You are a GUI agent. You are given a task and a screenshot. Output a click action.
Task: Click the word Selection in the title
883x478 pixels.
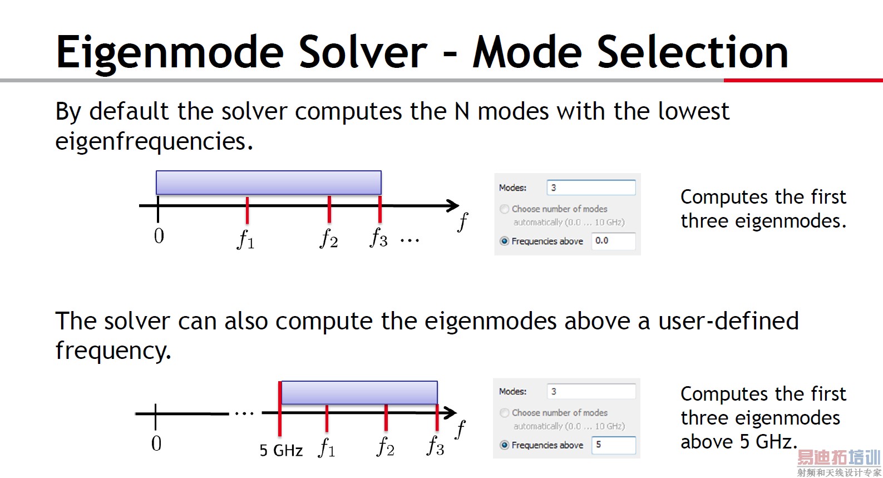point(692,52)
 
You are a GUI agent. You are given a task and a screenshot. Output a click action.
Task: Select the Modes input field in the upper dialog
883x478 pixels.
point(591,188)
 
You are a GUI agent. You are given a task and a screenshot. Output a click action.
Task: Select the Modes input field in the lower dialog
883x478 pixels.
point(591,391)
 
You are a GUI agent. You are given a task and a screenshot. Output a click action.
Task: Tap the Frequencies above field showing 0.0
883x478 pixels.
point(613,241)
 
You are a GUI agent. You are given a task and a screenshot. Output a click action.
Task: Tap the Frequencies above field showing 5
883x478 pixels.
point(613,445)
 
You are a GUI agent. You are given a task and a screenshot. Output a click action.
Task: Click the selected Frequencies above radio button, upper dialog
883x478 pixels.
point(504,241)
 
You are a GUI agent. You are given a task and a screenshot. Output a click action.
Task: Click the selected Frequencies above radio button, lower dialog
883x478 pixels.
point(504,445)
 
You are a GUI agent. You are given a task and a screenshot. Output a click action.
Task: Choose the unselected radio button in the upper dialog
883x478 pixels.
point(504,209)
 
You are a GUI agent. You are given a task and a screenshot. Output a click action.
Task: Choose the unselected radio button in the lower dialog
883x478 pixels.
point(504,412)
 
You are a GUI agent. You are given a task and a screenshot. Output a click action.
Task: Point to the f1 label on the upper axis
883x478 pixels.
point(246,239)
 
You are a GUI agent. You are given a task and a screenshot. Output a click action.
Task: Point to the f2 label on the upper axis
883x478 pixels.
point(329,238)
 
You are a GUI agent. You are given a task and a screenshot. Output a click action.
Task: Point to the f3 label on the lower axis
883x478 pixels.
point(436,446)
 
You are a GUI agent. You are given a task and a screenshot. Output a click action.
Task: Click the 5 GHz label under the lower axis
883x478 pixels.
point(281,450)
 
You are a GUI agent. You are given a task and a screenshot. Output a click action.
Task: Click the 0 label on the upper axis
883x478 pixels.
point(159,236)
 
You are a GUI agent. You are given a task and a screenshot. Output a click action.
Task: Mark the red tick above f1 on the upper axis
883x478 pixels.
point(247,210)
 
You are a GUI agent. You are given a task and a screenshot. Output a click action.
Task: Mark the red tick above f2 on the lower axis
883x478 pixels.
point(386,417)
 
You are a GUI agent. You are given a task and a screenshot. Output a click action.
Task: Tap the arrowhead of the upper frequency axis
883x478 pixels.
point(453,205)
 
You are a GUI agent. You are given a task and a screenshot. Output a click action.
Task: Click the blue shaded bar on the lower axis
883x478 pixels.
point(359,392)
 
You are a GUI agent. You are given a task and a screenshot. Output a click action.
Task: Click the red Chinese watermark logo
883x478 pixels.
point(839,457)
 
